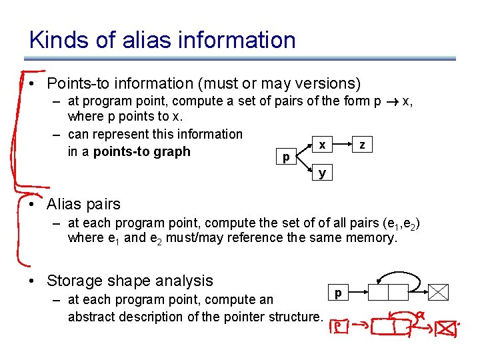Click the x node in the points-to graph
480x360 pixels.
click(322, 145)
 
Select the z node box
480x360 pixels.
click(361, 145)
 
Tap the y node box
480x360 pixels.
click(322, 173)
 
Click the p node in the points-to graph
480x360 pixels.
click(286, 158)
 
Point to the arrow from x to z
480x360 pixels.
click(341, 145)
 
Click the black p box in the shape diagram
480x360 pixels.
click(338, 292)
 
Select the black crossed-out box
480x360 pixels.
click(438, 292)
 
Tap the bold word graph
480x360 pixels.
click(173, 151)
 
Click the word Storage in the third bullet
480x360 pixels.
click(74, 281)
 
